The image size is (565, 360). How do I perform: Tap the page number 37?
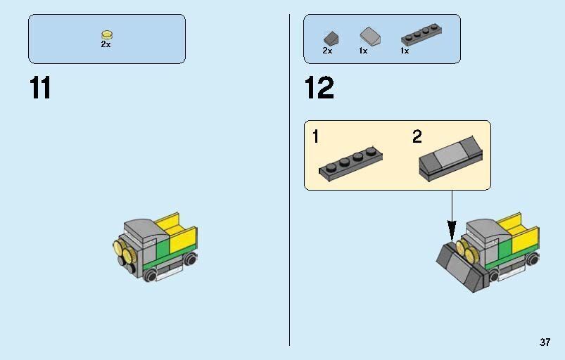tap(545, 342)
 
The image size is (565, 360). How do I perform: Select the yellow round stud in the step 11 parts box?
tap(106, 34)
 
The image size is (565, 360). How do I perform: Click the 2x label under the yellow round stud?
tap(106, 44)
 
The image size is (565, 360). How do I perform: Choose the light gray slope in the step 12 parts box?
tap(369, 35)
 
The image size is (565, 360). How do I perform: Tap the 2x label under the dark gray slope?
tap(327, 51)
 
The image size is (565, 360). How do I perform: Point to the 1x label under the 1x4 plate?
tap(405, 51)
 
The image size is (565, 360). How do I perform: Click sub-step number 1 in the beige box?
tap(316, 136)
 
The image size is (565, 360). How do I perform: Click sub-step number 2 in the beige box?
tap(417, 136)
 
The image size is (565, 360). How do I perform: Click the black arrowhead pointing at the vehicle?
tap(452, 229)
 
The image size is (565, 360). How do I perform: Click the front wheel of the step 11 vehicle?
tap(150, 276)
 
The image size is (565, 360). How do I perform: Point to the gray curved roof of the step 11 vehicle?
tap(141, 229)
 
